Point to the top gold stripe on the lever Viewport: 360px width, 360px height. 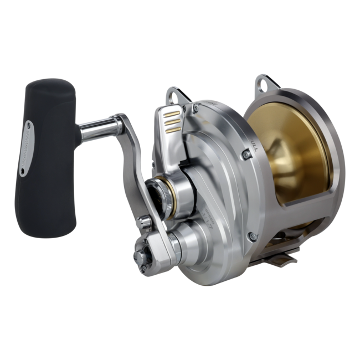click(x=173, y=111)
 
